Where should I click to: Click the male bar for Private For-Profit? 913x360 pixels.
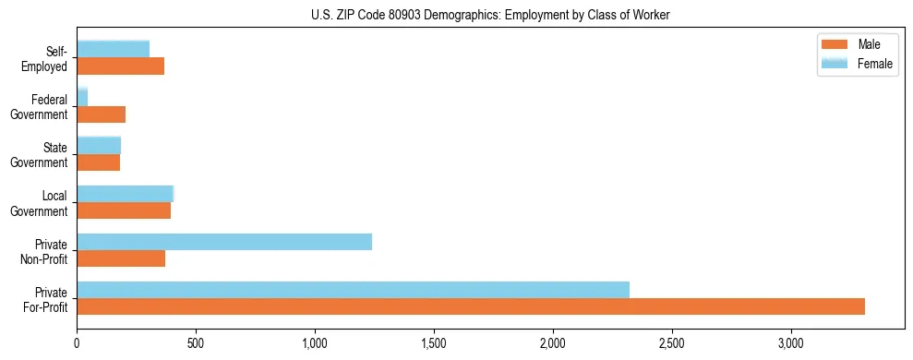471,306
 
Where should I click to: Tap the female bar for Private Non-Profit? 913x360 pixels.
224,242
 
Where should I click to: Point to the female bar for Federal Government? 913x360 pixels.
82,98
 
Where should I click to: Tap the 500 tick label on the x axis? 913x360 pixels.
196,343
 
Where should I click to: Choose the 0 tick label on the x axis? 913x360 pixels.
77,343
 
